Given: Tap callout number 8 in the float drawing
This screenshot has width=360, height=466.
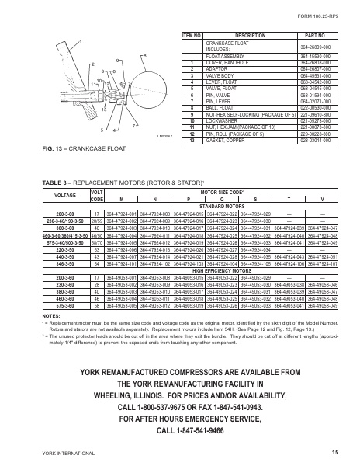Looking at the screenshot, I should [x=145, y=57].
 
